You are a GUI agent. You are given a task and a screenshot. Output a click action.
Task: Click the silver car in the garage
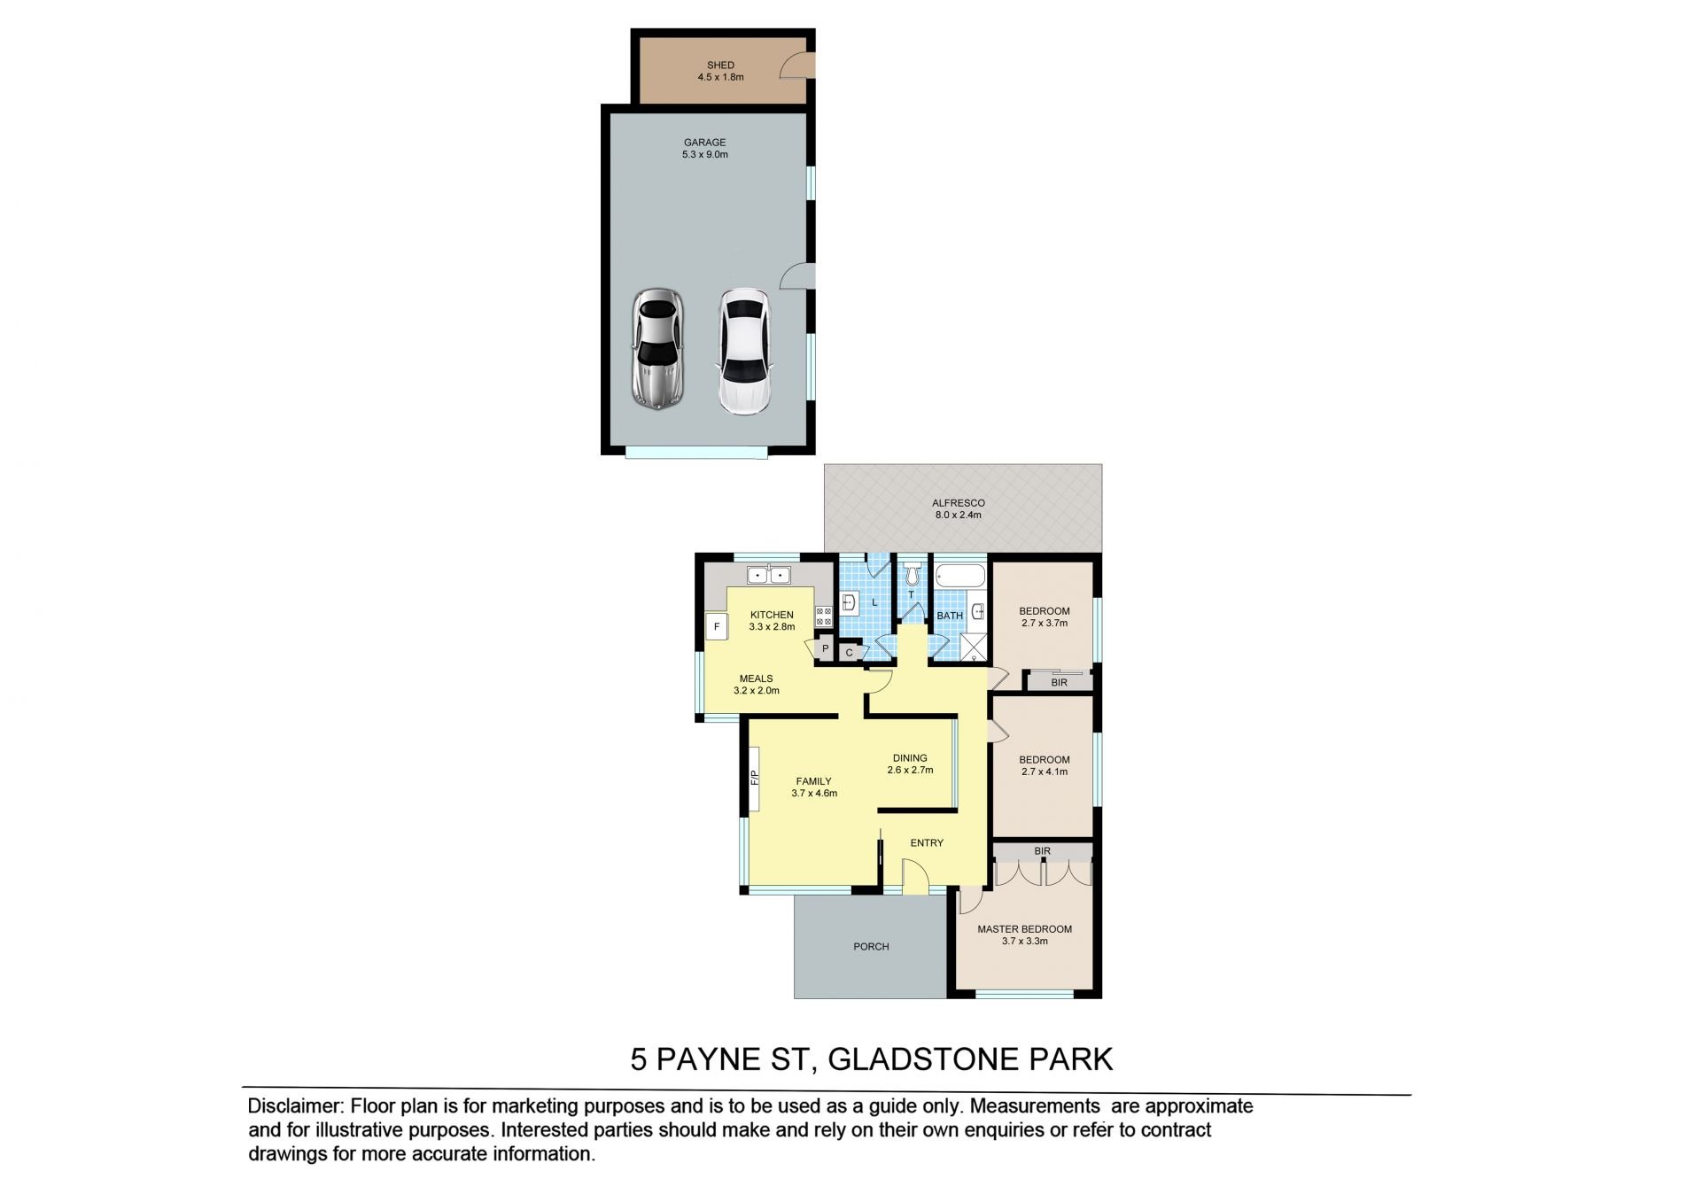656,349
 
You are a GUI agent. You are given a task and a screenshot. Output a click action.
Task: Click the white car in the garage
744,353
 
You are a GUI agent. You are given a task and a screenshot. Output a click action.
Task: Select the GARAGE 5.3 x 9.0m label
705,148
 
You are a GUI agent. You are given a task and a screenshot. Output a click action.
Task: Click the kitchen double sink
768,575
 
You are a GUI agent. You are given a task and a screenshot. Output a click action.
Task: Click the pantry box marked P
825,648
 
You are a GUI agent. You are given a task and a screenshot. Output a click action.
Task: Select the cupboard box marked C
849,653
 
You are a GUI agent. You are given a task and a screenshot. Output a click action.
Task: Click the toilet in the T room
912,576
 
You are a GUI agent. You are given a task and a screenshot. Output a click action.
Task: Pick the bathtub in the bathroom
961,577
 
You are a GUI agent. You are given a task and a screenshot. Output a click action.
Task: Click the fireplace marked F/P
755,779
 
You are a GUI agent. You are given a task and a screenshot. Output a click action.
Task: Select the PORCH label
871,946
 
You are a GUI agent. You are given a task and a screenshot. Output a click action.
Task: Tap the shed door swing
795,66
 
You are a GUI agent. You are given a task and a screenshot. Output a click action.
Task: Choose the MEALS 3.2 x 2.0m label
756,684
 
